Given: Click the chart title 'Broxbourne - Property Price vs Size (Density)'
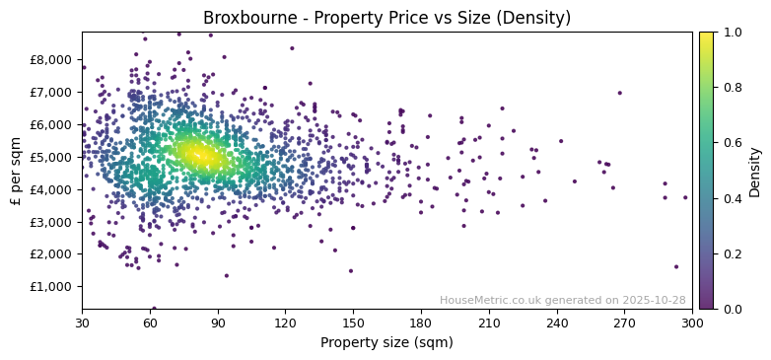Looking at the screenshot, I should [386, 18].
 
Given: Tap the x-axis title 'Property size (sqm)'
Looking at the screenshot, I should [386, 343].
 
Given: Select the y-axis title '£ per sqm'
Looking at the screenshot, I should [16, 170].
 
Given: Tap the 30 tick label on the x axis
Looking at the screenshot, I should [82, 323].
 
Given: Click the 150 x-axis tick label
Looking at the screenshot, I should [353, 323].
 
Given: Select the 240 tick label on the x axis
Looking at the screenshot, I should [557, 323].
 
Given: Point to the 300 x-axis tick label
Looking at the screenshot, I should [692, 323].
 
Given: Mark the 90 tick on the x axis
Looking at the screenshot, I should [218, 323].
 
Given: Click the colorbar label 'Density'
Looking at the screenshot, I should [754, 170].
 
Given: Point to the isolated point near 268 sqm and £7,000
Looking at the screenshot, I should [620, 93].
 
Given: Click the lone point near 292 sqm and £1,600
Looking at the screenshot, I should [676, 266].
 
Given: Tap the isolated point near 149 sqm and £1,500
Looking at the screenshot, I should [350, 270].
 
